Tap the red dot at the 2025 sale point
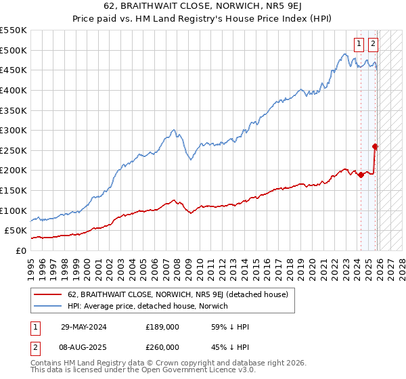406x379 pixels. tap(376, 146)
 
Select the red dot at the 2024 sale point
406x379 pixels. tap(361, 175)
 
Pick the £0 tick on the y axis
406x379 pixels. tap(22, 250)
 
